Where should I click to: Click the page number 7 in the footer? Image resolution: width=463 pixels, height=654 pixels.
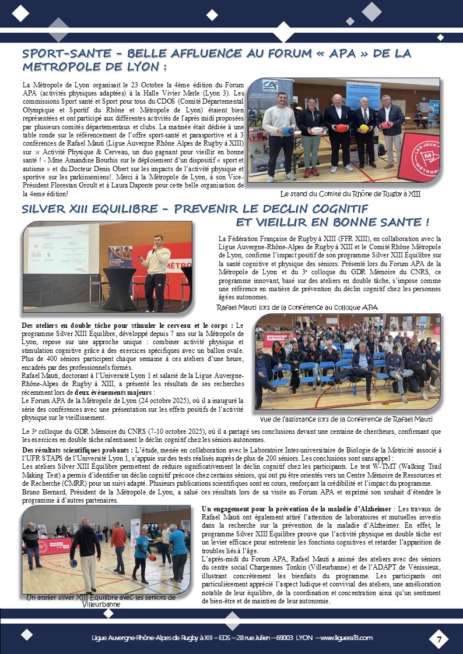click(x=439, y=639)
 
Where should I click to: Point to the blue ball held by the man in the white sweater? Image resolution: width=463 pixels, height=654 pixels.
click(x=287, y=131)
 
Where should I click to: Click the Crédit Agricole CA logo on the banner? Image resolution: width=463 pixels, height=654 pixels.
click(x=269, y=86)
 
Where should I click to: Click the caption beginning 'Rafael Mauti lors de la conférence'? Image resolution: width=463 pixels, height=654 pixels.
click(x=297, y=307)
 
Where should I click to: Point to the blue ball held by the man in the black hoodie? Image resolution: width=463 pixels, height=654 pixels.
click(x=74, y=563)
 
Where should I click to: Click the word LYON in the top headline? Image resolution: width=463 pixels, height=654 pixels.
click(x=138, y=68)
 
